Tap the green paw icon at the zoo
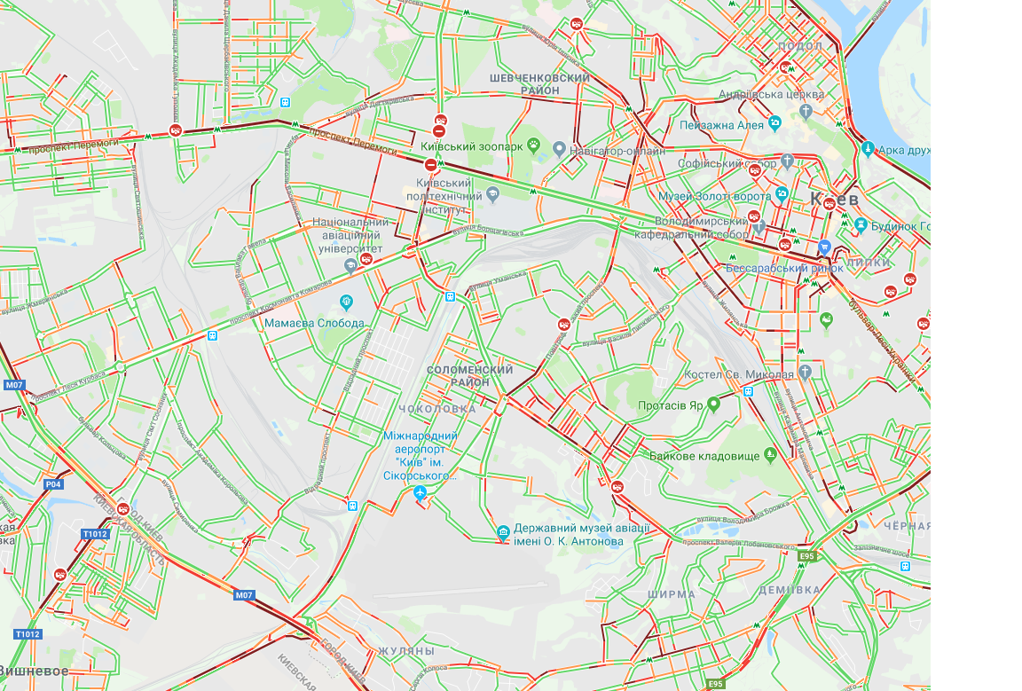[534, 144]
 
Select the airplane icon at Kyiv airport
[421, 492]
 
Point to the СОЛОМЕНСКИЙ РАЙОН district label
[470, 375]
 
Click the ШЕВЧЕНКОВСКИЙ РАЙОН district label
[539, 84]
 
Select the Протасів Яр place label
[670, 405]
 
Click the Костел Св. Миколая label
[738, 374]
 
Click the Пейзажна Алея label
[721, 125]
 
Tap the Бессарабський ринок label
[770, 267]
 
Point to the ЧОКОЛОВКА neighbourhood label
[437, 409]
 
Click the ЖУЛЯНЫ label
[407, 651]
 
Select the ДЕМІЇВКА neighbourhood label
[790, 590]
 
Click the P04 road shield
[54, 484]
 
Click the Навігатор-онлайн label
[618, 151]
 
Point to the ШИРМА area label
[672, 594]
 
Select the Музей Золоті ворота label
[714, 194]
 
